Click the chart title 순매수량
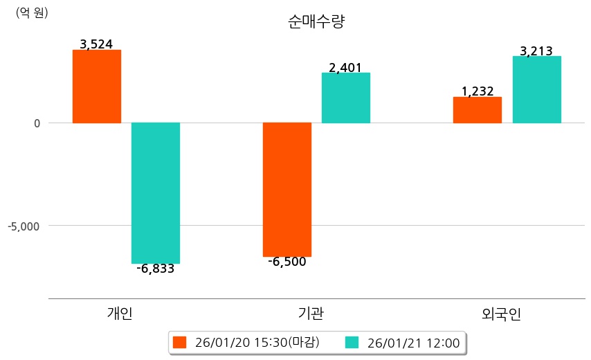point(316,21)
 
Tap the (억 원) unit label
point(32,12)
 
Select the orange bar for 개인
point(97,87)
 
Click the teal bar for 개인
point(156,193)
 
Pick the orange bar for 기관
point(287,190)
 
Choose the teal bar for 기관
point(346,98)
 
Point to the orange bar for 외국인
point(478,110)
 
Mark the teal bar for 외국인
point(536,89)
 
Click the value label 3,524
point(96,44)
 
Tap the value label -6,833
point(156,269)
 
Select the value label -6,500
point(287,262)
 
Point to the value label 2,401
point(345,68)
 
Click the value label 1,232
point(478,91)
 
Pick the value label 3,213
point(536,51)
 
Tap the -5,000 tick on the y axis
point(25,226)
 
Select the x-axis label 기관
point(306,314)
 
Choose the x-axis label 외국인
point(502,314)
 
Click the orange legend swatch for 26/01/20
point(180,343)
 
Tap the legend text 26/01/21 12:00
point(413,343)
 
